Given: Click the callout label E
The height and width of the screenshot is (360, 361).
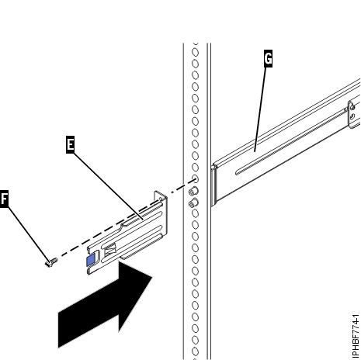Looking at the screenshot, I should coord(70,144).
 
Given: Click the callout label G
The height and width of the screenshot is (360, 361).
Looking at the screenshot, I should coord(269,58).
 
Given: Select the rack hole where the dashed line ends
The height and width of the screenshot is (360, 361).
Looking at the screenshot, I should coord(193,180).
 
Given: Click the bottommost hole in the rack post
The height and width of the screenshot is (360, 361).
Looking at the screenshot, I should coord(193,354).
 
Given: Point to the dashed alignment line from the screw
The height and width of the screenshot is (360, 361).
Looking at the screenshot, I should coord(116,223).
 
